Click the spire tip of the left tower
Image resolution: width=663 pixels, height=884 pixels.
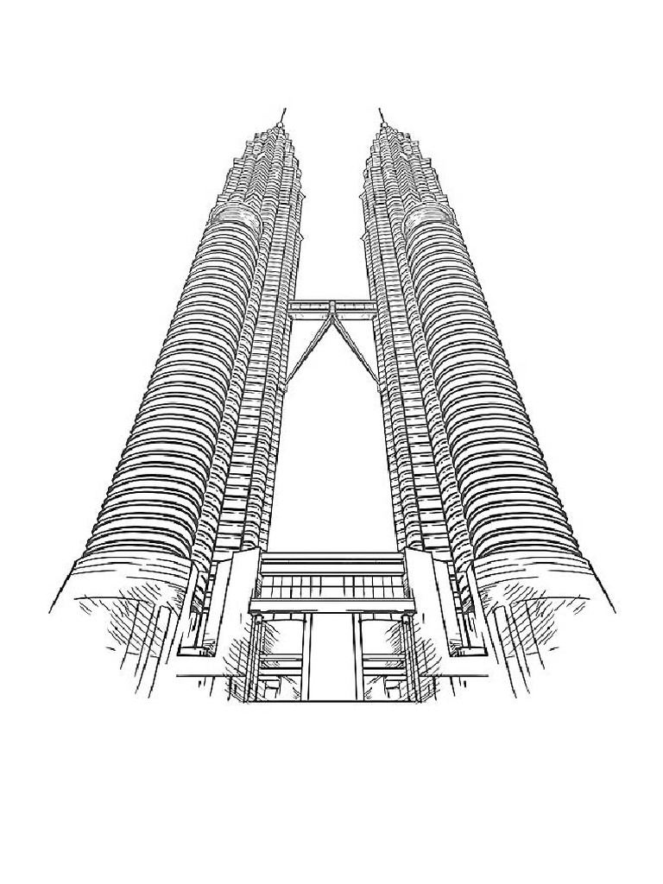[283, 111]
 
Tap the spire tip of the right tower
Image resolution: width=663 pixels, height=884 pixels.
[380, 111]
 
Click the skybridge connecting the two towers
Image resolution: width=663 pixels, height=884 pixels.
[331, 305]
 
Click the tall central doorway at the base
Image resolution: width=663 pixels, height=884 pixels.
[331, 656]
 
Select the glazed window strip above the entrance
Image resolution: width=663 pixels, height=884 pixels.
[331, 587]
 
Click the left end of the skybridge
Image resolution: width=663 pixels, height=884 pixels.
[294, 305]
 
